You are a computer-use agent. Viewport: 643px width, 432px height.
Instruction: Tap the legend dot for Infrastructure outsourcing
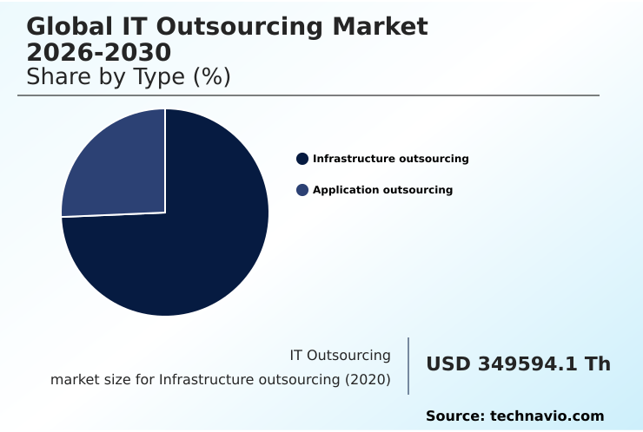coord(302,159)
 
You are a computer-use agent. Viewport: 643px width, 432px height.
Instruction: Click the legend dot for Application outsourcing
coord(302,190)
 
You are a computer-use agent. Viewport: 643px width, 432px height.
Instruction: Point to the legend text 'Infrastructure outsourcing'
coord(390,159)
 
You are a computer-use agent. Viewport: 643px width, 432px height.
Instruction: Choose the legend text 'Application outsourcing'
coord(382,190)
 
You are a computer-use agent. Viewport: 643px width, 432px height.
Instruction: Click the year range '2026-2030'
coord(98,52)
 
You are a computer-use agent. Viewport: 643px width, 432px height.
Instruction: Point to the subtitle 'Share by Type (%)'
coord(129,77)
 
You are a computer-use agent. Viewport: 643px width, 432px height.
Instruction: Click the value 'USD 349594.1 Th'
coord(518,364)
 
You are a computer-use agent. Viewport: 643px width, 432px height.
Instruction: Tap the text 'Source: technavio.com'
coord(514,416)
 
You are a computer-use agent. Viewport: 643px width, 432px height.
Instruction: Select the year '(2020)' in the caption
coord(368,380)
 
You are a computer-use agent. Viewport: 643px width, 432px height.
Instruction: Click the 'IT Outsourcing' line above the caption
coord(340,356)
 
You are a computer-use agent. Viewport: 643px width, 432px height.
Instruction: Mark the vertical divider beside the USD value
coord(408,366)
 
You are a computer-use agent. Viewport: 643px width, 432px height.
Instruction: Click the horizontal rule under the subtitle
coord(308,95)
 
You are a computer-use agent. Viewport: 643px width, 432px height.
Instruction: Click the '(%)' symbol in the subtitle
coord(211,77)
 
